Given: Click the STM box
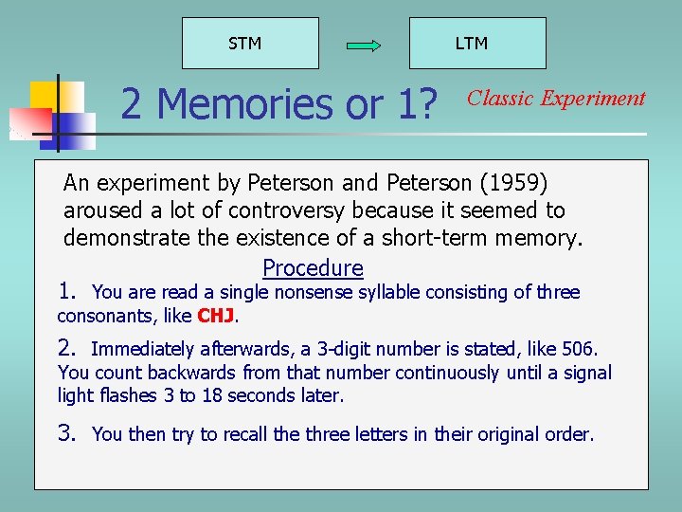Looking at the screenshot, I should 250,44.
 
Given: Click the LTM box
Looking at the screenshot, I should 476,44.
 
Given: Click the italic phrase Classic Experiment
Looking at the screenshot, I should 556,98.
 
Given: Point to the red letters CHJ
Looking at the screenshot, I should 216,316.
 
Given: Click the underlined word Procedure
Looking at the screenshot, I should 313,268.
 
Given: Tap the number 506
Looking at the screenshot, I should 579,349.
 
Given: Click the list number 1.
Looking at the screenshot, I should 67,291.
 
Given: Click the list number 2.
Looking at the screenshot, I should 67,348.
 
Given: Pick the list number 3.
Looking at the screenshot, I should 67,433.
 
